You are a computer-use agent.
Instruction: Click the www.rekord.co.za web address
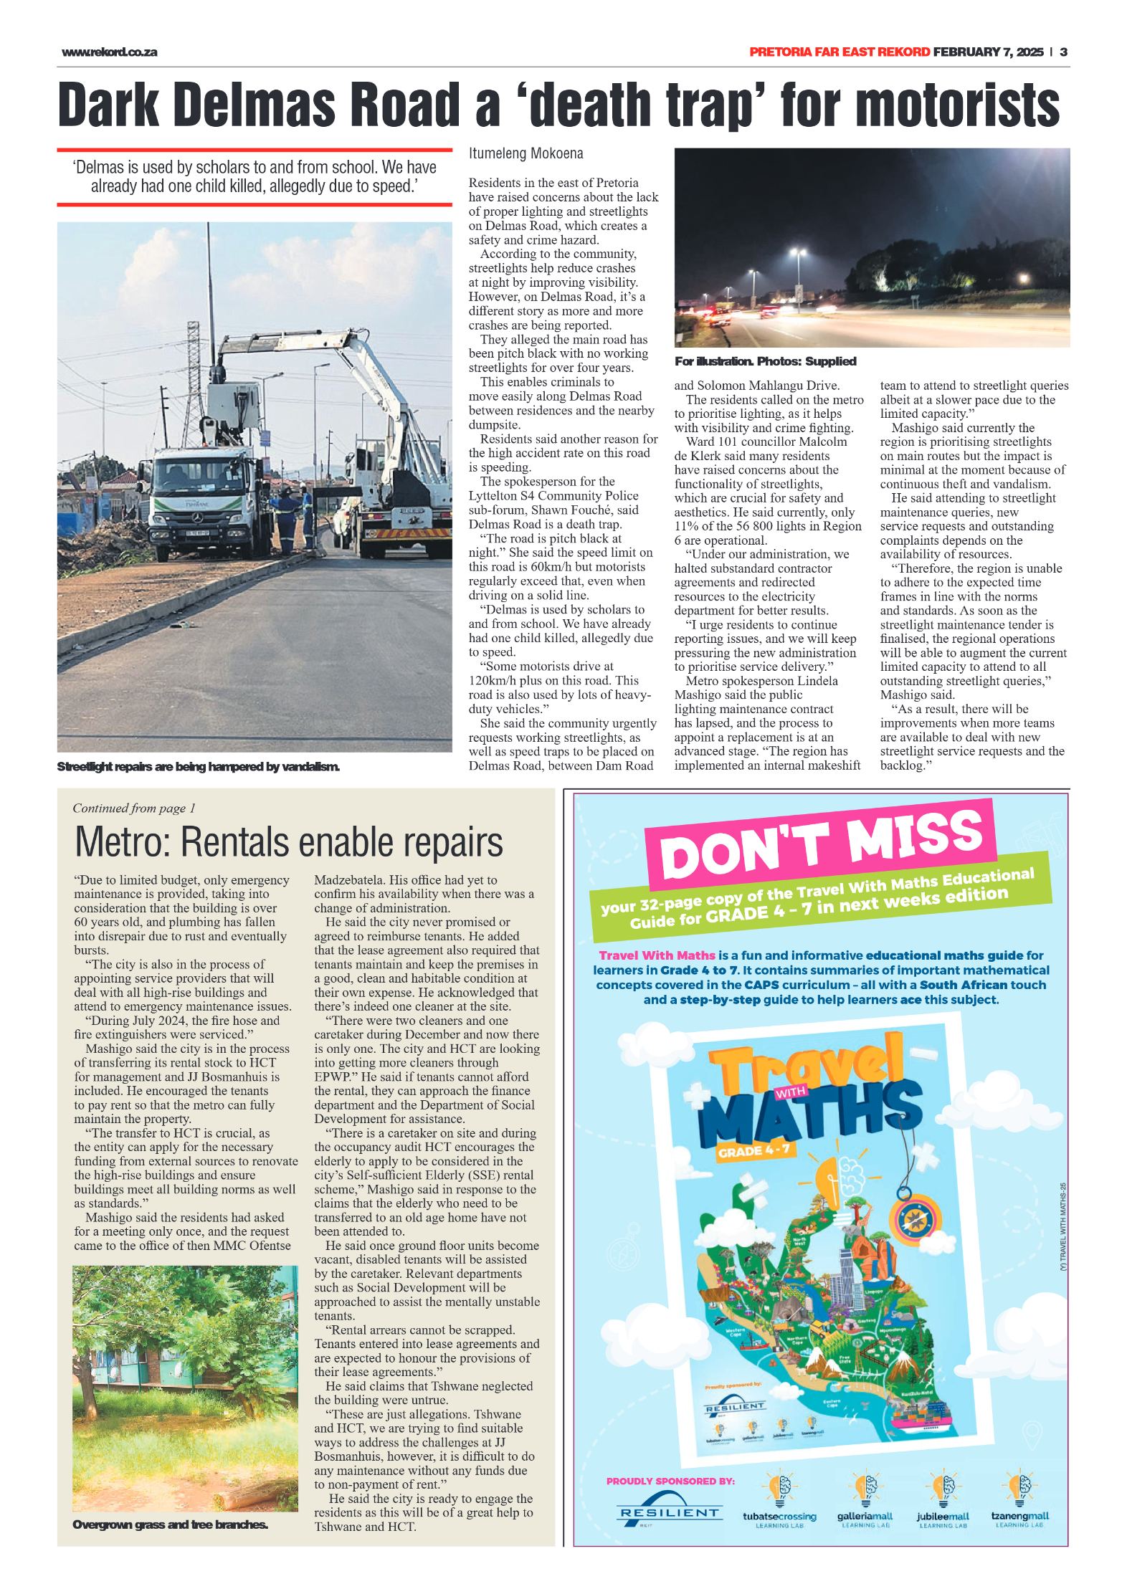tap(109, 52)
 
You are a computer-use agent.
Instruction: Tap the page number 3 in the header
tap(1063, 52)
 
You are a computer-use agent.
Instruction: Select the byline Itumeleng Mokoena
tap(526, 153)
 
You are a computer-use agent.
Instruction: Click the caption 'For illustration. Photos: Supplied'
tap(765, 362)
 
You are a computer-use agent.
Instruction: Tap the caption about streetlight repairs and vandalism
tap(198, 767)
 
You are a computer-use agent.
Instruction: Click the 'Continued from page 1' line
tap(134, 808)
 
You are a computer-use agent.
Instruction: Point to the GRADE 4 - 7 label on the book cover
tap(753, 1150)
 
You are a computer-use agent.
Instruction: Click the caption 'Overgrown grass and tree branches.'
tap(170, 1524)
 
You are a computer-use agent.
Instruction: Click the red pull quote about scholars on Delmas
tap(255, 177)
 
